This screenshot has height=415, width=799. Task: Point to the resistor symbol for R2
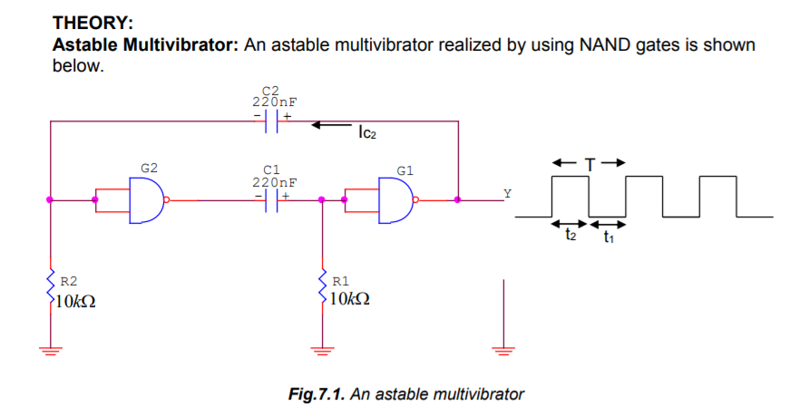click(x=51, y=290)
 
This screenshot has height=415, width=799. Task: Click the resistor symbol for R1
click(x=321, y=290)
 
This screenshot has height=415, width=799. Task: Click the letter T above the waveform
click(x=590, y=164)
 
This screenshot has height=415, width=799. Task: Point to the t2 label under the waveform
click(x=570, y=236)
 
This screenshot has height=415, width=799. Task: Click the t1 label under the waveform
click(x=609, y=236)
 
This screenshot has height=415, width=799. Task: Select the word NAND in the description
click(x=605, y=45)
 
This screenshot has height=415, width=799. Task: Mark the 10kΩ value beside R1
click(x=350, y=301)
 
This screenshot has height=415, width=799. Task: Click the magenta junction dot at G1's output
click(x=458, y=199)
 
